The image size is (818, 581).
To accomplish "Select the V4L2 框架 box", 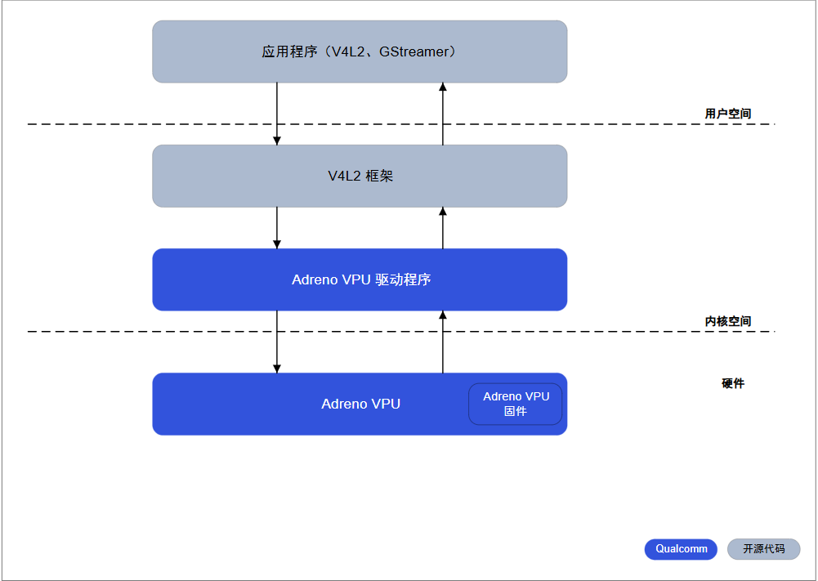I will pos(360,176).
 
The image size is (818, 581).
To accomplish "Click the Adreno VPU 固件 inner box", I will pos(515,404).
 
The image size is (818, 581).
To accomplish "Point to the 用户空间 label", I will pos(727,114).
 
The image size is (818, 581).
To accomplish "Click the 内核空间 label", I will pos(727,321).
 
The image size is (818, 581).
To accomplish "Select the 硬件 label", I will pos(733,383).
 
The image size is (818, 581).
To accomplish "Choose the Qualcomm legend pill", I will pos(681,549).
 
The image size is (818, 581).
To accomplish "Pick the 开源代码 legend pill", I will pos(763,549).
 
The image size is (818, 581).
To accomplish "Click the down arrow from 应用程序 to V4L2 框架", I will pos(277,114).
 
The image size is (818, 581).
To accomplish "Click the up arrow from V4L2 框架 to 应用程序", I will pos(443,114).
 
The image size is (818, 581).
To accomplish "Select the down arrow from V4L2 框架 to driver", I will pos(277,227).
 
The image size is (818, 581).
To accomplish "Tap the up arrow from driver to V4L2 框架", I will pos(443,227).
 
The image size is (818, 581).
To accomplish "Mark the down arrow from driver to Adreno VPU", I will pos(277,342).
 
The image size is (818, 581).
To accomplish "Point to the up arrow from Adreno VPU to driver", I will pos(443,342).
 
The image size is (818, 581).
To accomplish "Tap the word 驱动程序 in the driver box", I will pos(403,279).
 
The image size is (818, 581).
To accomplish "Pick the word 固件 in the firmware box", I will pos(516,411).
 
